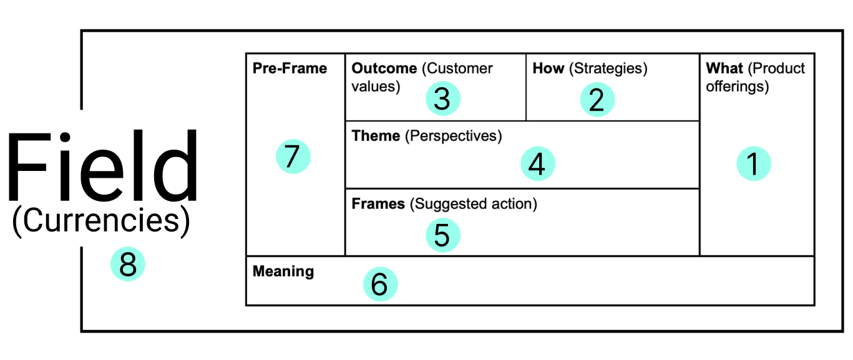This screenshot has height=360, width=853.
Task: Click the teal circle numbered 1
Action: (754, 163)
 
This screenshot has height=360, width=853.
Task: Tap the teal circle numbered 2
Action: (597, 99)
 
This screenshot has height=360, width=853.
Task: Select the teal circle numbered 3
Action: (443, 99)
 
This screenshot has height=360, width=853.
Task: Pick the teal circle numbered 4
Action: (538, 163)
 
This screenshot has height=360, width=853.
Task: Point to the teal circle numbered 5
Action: (443, 235)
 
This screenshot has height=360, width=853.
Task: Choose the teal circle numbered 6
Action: (381, 284)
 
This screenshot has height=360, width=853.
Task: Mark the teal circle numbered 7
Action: (293, 156)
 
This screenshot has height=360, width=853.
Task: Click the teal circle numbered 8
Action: (127, 264)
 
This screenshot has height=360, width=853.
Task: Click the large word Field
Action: (103, 165)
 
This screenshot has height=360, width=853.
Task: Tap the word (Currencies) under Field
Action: (101, 221)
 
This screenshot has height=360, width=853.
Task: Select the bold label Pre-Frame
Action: (290, 68)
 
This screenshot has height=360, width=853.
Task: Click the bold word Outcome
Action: (384, 68)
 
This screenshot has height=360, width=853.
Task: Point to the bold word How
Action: (548, 68)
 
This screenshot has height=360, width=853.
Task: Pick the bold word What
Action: (724, 68)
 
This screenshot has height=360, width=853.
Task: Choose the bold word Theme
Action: (376, 135)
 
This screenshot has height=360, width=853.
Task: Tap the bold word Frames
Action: (378, 203)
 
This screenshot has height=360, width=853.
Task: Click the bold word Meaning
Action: (283, 271)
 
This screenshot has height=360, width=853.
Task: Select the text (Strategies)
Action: (608, 69)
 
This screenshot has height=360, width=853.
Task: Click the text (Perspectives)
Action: (453, 136)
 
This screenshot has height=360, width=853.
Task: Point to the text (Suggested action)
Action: (474, 204)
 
